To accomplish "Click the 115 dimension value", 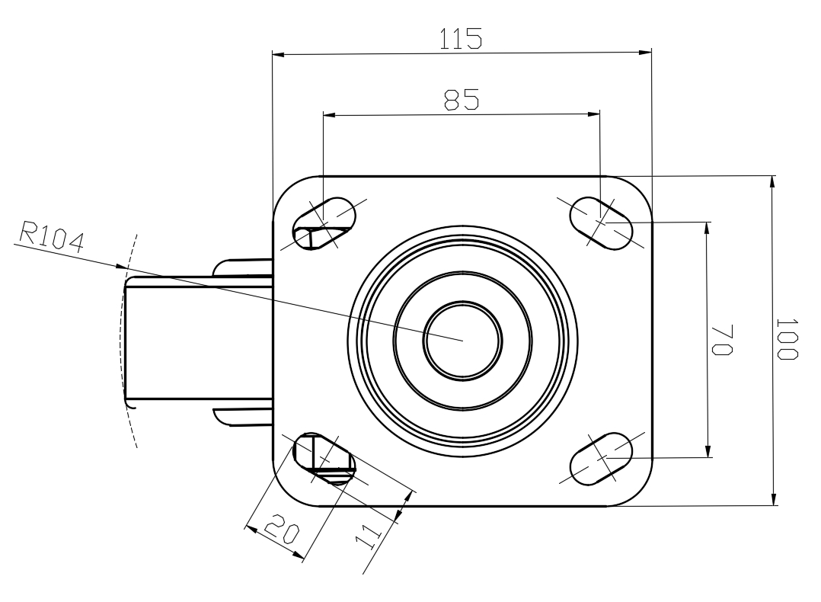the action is [x=460, y=39].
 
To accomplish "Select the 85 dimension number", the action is [x=462, y=100].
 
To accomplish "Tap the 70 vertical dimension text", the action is [x=722, y=340].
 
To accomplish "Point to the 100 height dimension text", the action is [x=787, y=339].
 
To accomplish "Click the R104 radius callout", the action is [x=52, y=237].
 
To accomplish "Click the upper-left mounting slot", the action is [x=324, y=224].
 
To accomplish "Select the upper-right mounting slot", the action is [x=601, y=223].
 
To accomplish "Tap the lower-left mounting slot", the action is [x=324, y=459].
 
